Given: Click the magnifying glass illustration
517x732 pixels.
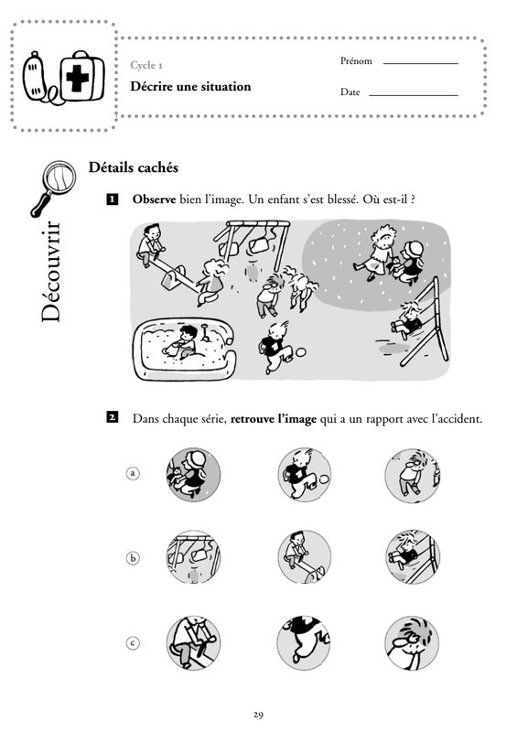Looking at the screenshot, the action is click(53, 188).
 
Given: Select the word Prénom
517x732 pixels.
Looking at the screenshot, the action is click(356, 61).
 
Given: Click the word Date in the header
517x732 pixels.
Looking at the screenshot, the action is click(350, 92).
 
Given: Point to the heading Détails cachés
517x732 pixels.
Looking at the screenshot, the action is click(134, 167).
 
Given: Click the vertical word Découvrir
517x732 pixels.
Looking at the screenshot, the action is click(51, 272).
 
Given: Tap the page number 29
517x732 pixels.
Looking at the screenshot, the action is click(258, 715).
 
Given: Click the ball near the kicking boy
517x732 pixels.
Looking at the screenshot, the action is click(301, 352).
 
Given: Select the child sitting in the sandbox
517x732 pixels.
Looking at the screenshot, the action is click(183, 344).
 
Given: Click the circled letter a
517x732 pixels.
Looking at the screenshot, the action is click(133, 473).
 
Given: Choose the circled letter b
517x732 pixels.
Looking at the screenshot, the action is click(133, 558).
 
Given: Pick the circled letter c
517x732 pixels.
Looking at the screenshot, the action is click(133, 643).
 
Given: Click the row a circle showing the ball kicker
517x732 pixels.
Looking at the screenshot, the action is click(304, 475).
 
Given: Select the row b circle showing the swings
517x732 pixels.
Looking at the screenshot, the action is click(193, 557).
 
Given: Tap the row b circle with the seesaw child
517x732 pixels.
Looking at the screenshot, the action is click(304, 557).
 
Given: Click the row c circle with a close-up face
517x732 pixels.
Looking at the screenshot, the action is click(412, 643).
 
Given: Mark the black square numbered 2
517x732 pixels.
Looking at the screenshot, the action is click(112, 417).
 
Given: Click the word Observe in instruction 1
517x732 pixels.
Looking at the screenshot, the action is click(154, 199).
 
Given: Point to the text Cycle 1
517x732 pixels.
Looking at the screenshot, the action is click(146, 65).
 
